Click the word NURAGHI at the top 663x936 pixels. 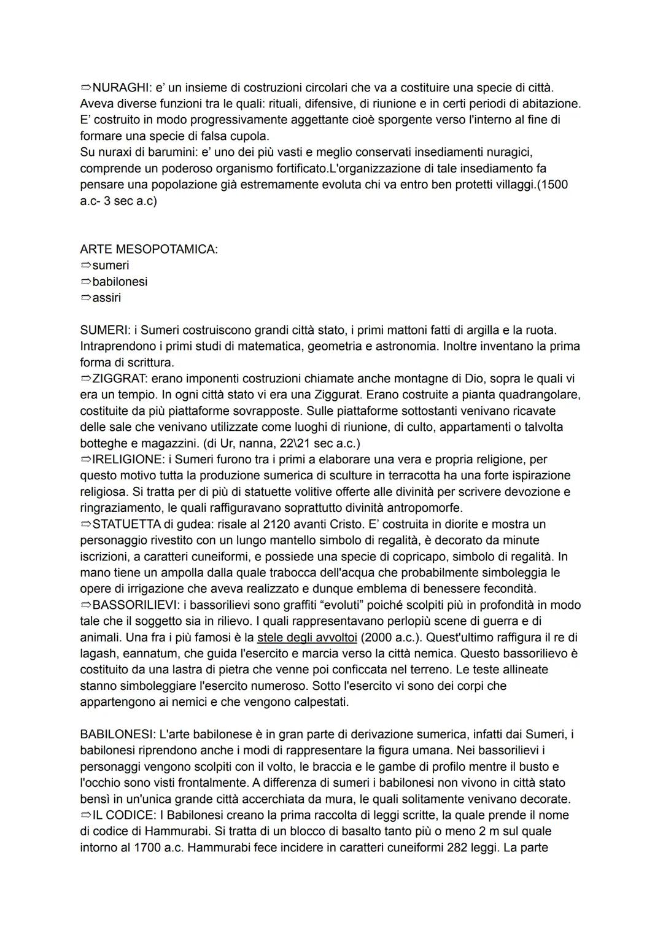[x=119, y=88]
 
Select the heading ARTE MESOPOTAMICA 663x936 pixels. [x=149, y=249]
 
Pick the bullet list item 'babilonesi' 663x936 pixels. [x=120, y=282]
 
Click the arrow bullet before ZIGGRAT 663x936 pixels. [x=85, y=379]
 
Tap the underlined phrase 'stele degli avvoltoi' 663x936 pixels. [x=307, y=637]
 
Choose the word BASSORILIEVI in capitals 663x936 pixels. [x=135, y=605]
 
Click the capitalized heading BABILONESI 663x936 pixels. [x=117, y=734]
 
